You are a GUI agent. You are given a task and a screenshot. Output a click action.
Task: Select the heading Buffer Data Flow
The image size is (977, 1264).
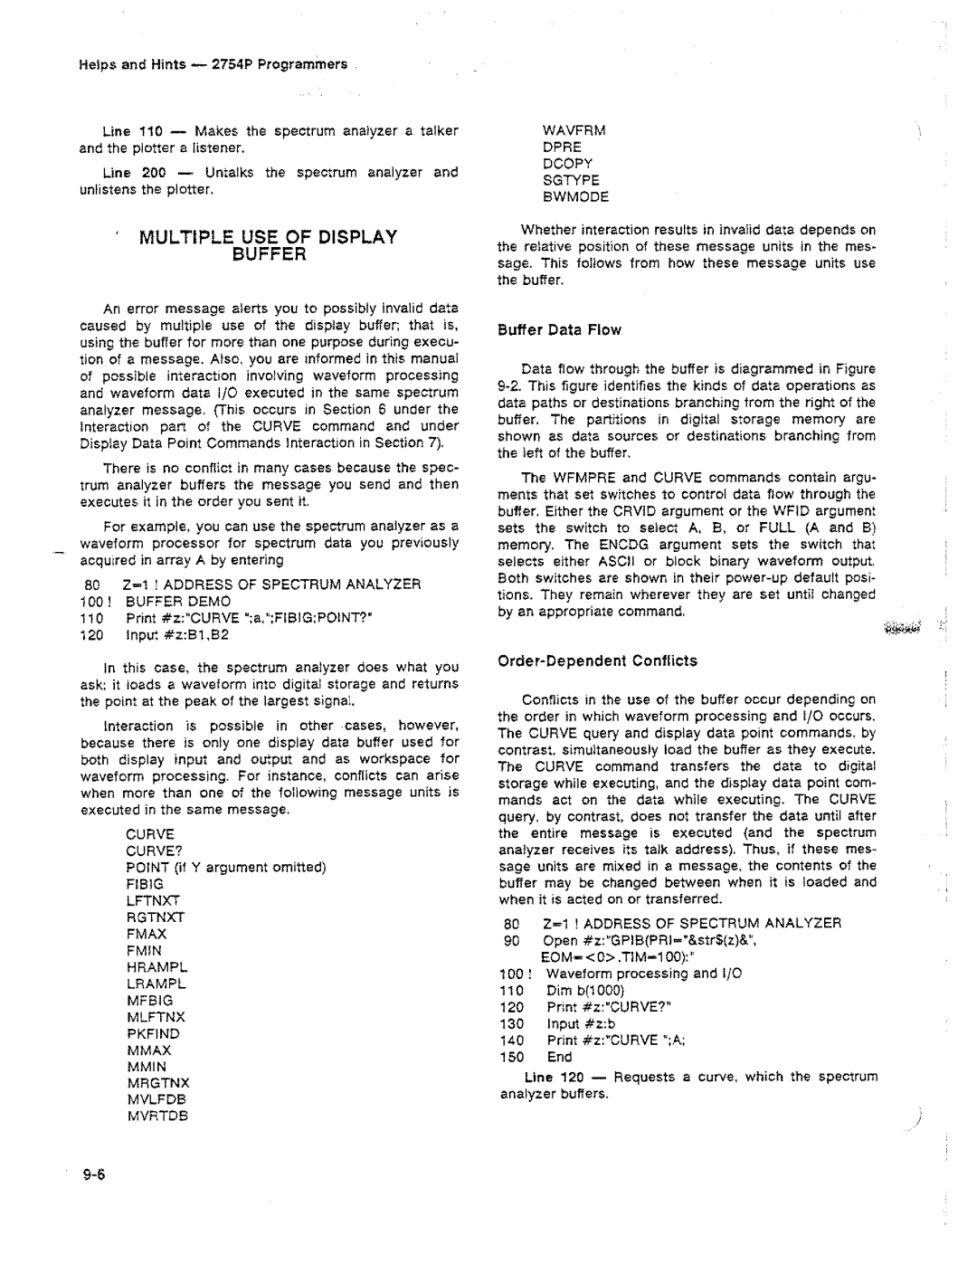tap(559, 329)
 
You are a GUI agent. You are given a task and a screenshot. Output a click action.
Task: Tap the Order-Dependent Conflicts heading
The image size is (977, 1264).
tap(597, 661)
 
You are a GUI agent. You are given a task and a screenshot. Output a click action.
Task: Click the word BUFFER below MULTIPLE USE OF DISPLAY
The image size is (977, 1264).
tap(268, 254)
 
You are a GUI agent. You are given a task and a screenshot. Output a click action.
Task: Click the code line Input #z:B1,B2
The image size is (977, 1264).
tap(176, 634)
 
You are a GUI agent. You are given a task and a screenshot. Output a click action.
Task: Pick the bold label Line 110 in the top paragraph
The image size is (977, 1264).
tap(129, 131)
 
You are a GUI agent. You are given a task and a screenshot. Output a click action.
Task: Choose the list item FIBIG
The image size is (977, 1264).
tap(145, 883)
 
